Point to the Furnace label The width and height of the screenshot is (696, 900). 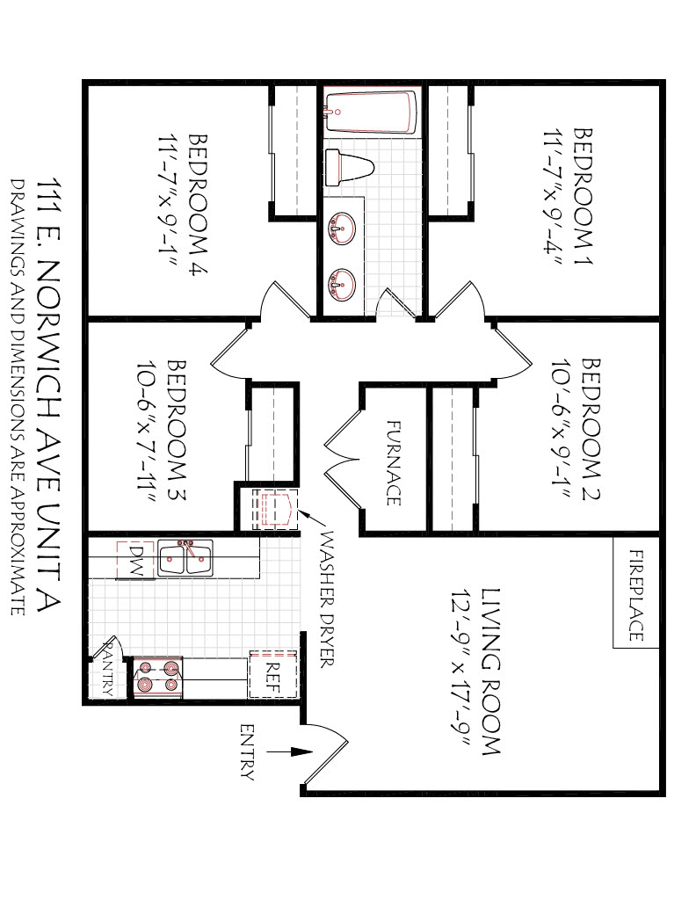pos(393,462)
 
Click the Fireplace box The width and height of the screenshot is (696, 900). pos(635,592)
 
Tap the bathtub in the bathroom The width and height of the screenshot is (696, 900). pos(371,112)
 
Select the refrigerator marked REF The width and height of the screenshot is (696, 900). pos(272,674)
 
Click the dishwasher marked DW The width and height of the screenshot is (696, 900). pos(135,560)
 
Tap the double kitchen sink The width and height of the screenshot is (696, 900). pos(185,557)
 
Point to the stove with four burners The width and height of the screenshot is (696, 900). pos(158,678)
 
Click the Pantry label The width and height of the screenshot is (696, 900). pos(106,669)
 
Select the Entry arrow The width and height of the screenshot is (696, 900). pos(290,751)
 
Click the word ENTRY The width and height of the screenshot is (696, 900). pos(247,752)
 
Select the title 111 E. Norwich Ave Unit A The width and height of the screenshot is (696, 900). pos(48,395)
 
